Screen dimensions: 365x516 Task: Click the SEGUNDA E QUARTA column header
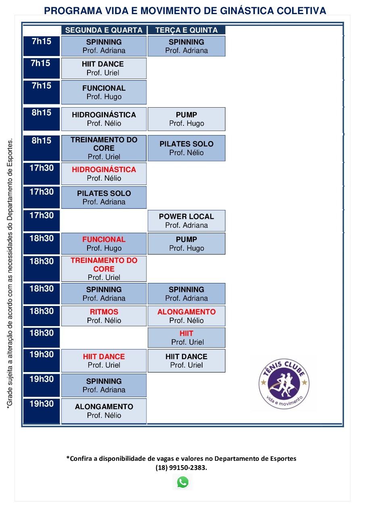104,30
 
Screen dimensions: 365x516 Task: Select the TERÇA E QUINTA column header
186,30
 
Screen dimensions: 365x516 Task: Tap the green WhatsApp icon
182,482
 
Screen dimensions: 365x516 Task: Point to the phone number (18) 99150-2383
181,467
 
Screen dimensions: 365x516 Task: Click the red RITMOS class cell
104,316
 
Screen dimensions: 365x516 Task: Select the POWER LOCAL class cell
186,221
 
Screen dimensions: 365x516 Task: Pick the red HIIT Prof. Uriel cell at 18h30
186,337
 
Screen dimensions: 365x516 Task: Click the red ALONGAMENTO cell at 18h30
186,316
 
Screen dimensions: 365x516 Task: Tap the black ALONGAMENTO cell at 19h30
104,411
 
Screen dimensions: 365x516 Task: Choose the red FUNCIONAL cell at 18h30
104,243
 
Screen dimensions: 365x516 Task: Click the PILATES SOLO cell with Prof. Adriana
104,198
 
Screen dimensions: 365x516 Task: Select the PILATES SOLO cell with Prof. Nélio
186,148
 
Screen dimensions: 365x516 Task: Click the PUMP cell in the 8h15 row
186,119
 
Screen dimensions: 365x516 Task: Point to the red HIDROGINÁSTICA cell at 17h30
104,174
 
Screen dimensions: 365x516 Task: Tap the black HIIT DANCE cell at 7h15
104,68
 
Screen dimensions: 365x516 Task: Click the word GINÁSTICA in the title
247,10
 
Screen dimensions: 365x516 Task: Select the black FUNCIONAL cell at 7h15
104,92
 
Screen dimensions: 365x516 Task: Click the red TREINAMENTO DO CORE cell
104,268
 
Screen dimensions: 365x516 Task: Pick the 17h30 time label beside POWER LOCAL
42,215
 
